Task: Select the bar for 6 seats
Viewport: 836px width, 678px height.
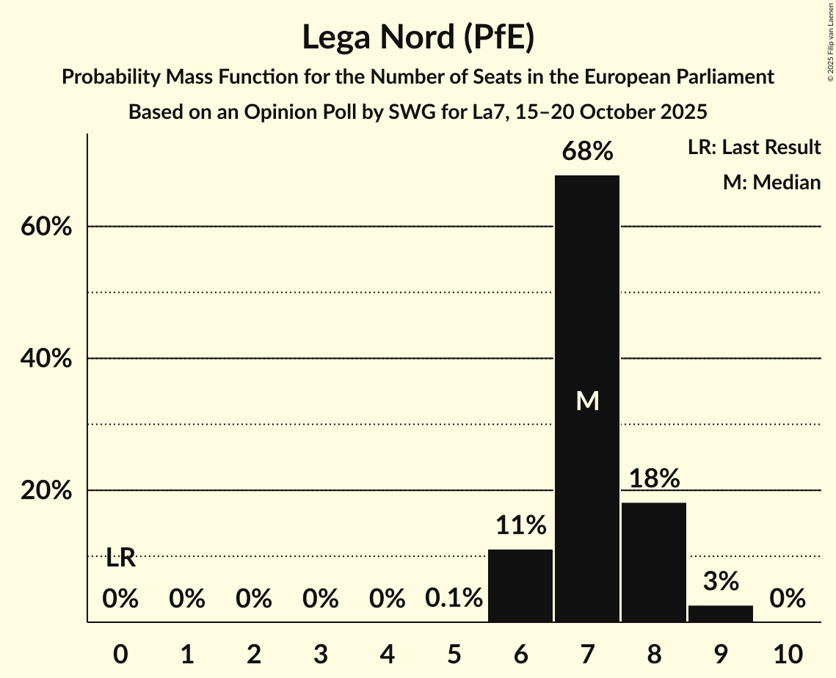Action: tap(520, 586)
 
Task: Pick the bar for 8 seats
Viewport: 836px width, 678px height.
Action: tap(654, 562)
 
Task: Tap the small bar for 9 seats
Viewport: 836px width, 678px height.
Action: tap(721, 613)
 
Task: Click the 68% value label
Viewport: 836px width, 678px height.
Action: tap(587, 152)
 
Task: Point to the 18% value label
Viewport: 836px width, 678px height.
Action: tap(654, 479)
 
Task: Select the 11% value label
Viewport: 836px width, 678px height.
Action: tap(520, 525)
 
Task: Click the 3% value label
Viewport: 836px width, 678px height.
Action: tap(721, 582)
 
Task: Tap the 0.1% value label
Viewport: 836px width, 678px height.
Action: tap(454, 599)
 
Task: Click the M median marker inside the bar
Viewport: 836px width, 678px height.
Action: tap(587, 401)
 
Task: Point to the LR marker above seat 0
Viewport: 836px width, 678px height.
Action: tap(120, 558)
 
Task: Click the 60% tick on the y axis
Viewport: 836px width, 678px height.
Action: tap(46, 227)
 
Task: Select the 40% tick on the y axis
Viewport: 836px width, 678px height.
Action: tap(46, 359)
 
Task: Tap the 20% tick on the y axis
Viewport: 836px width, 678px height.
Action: tap(46, 491)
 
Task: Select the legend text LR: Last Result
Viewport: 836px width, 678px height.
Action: tap(754, 147)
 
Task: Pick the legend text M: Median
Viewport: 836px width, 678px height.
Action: tap(771, 182)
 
